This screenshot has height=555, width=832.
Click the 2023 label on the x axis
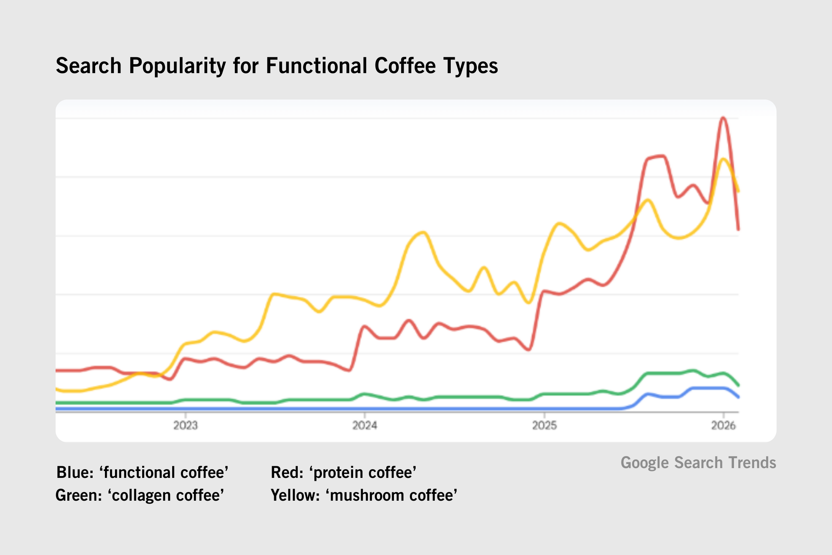pos(185,425)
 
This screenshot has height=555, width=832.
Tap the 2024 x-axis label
pos(365,425)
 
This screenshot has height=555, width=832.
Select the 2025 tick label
pos(544,425)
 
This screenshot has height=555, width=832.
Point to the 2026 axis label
pos(723,425)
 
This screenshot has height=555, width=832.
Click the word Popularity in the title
pos(177,66)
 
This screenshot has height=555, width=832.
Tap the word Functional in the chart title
pos(317,66)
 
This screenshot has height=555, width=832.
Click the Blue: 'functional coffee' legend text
pos(142,472)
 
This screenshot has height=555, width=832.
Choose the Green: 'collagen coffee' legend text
pos(140,495)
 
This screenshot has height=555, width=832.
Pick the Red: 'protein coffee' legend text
pos(344,472)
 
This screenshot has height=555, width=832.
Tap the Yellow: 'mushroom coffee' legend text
pos(364,495)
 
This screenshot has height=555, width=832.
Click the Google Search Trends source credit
pos(698,463)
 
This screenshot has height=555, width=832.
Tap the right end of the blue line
pos(738,397)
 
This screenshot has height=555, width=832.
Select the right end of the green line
pos(738,385)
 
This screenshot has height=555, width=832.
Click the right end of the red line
pos(738,229)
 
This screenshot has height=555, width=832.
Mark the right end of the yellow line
pos(738,191)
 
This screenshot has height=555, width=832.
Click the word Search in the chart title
pos(89,66)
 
